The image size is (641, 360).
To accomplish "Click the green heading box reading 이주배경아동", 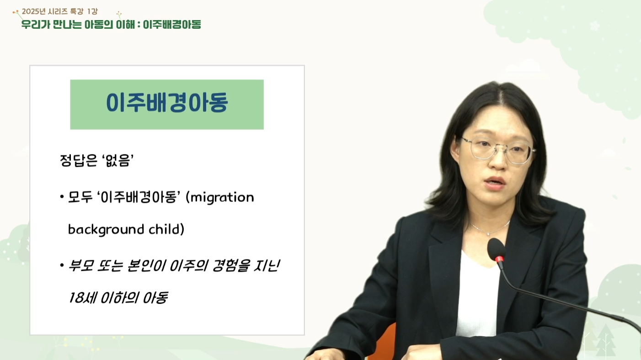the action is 167,104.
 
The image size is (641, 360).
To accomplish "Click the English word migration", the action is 222,198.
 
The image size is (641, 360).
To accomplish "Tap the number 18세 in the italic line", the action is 82,298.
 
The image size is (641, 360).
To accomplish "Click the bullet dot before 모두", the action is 62,196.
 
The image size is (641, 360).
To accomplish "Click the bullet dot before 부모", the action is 62,265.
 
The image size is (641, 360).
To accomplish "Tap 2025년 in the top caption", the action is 34,11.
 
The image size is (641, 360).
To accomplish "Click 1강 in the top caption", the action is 92,11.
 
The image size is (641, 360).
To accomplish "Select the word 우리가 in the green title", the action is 36,25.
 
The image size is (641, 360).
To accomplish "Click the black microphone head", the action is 496,248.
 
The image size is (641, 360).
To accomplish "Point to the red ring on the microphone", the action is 499,259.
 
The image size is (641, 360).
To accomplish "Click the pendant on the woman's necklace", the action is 488,234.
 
